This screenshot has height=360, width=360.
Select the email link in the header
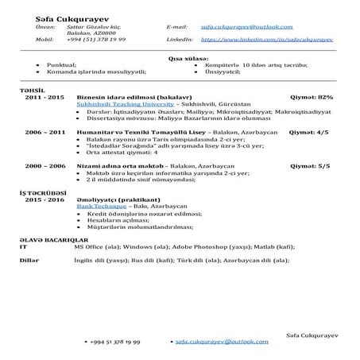[x=235, y=27]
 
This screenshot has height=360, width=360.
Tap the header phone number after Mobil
[x=97, y=38]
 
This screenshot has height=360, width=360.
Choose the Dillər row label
[x=29, y=259]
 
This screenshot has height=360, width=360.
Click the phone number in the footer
[x=118, y=340]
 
